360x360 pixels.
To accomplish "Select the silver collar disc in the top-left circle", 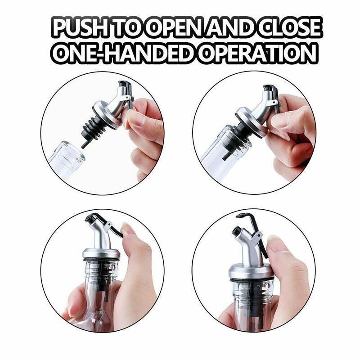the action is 107,115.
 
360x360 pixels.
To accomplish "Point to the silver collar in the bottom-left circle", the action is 101,253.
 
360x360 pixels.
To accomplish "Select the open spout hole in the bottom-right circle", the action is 236,231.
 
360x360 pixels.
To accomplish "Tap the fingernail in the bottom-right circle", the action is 276,243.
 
